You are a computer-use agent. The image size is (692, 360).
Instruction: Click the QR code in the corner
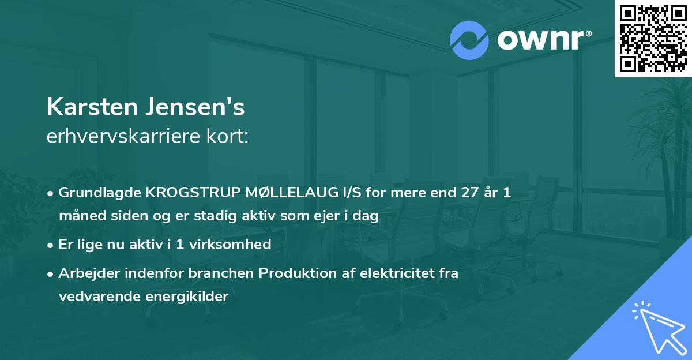pyautogui.click(x=653, y=39)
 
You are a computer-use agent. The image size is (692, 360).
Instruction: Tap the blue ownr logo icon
pyautogui.click(x=469, y=40)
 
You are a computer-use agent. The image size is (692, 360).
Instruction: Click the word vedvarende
pyautogui.click(x=96, y=297)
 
